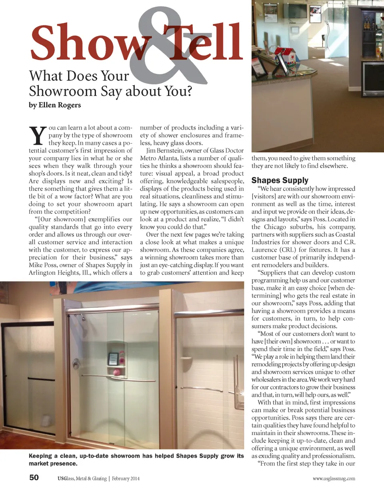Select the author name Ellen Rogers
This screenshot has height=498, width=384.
pos(60,105)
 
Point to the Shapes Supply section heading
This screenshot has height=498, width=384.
pos(280,180)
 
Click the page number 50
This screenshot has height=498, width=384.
pos(34,478)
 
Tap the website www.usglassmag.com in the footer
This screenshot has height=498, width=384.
pos(334,478)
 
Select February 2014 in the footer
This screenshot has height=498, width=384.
pos(126,478)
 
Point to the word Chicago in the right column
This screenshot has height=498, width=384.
pos(275,227)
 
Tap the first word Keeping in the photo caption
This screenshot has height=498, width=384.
pos(40,456)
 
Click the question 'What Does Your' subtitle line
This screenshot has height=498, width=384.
pos(79,76)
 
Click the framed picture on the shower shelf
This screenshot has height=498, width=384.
pos(113,357)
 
